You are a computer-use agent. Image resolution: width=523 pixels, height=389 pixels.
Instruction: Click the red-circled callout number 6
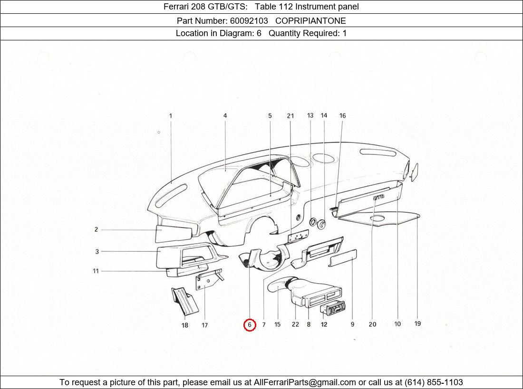(250, 325)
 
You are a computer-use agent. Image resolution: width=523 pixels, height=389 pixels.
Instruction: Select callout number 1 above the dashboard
(171, 115)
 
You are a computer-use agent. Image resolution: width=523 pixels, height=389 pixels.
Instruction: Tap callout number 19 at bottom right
(417, 324)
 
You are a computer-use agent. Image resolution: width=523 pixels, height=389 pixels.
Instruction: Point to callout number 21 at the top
(290, 116)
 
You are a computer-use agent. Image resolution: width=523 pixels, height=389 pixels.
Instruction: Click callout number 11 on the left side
(96, 271)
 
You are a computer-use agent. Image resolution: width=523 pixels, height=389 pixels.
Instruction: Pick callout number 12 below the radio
(324, 325)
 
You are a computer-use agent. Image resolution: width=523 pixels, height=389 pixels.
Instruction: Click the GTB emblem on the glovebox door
(378, 197)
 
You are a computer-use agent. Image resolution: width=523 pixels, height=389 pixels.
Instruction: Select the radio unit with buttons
(333, 309)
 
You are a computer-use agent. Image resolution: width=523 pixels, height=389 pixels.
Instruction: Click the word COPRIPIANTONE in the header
(310, 21)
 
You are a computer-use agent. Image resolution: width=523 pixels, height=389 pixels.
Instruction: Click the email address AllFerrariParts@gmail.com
(305, 382)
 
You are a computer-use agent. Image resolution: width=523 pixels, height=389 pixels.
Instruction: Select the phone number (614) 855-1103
(434, 382)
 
